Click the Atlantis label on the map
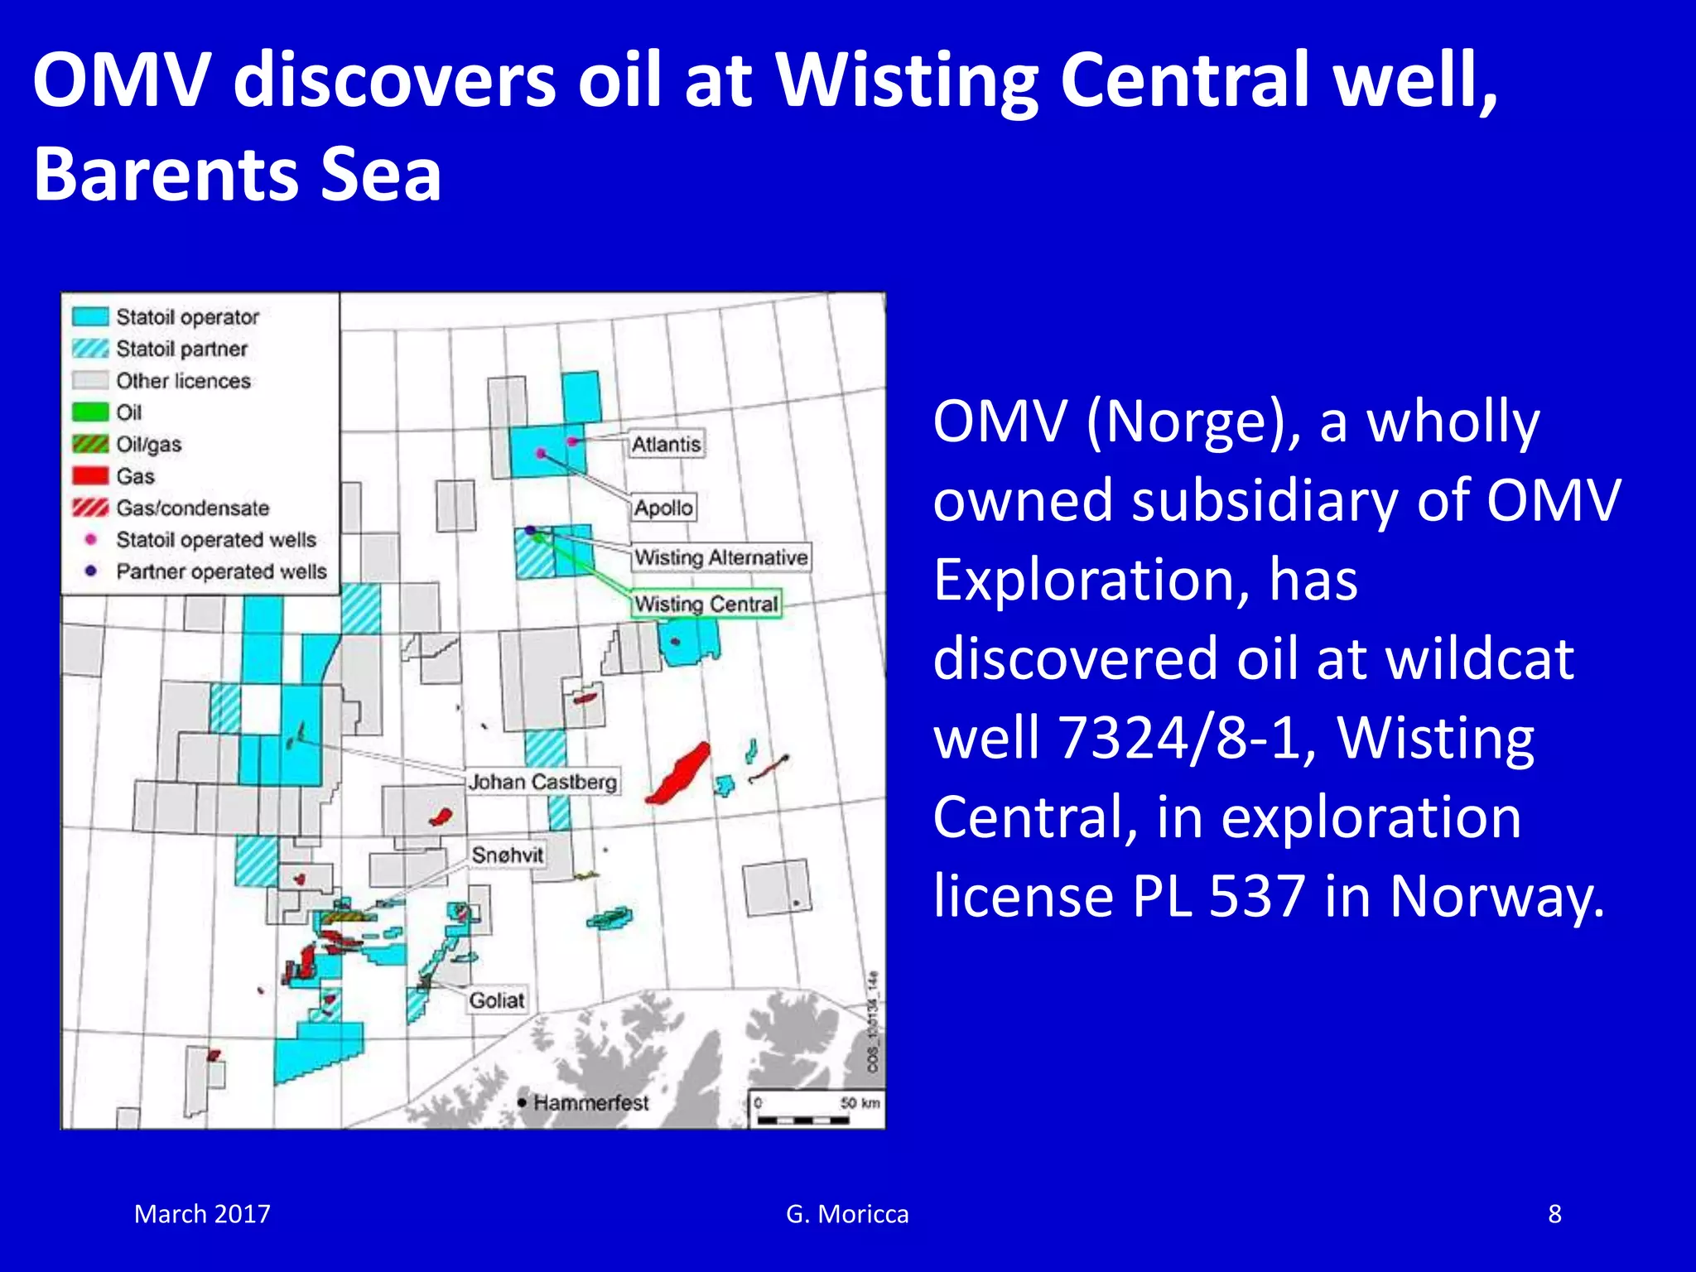[x=666, y=445]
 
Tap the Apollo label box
[x=663, y=508]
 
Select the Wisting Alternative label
[x=720, y=557]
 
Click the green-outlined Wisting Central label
[x=706, y=604]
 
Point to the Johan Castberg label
[x=542, y=782]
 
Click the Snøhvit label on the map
[x=508, y=855]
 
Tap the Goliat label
[x=497, y=1000]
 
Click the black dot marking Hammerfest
[x=522, y=1102]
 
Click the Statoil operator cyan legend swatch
[x=90, y=317]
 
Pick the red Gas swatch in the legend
[x=90, y=476]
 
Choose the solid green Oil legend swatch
[x=90, y=412]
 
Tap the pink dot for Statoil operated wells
[x=91, y=540]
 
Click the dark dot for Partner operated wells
[x=91, y=571]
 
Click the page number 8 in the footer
[x=1554, y=1214]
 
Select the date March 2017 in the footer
[x=202, y=1214]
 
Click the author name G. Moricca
[x=847, y=1214]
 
